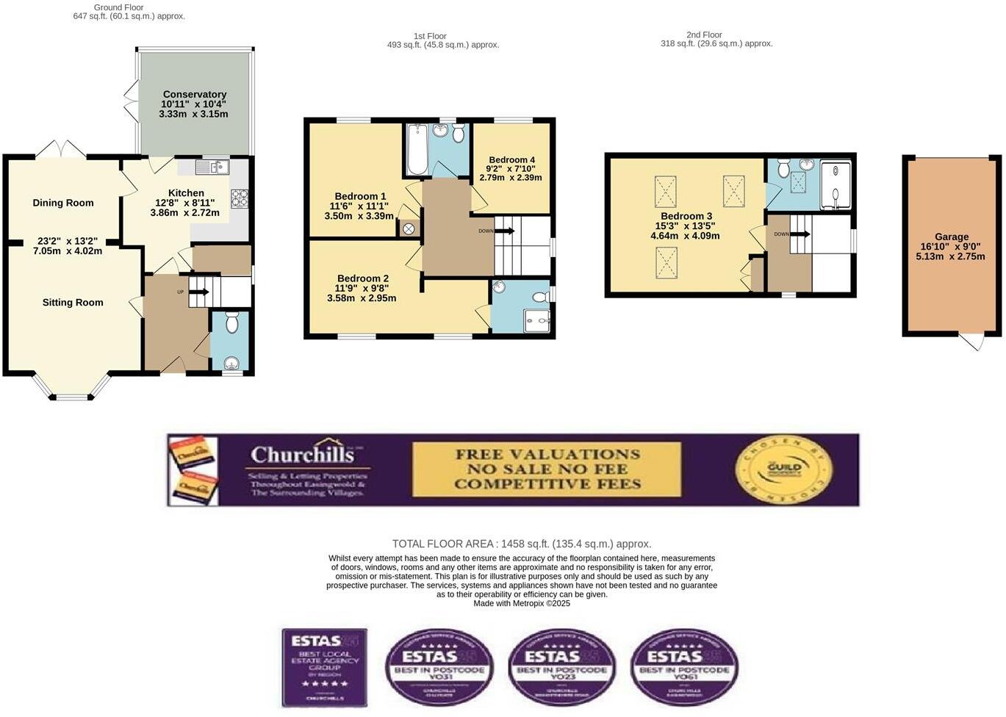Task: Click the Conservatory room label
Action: (194, 94)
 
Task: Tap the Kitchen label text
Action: (186, 193)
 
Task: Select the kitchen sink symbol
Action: (212, 167)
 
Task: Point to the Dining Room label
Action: (63, 203)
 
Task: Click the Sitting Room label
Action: (73, 302)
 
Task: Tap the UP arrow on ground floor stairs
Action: (198, 292)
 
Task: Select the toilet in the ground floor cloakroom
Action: (232, 323)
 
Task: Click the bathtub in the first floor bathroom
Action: (417, 150)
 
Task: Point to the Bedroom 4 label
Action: (511, 159)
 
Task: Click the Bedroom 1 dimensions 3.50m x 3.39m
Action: (359, 216)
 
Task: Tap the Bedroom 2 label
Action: (363, 278)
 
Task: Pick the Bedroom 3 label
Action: (686, 216)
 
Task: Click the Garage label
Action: (952, 237)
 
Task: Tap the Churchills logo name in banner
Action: (302, 455)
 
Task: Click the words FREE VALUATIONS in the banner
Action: (547, 454)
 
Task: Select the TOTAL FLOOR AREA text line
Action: (521, 544)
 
